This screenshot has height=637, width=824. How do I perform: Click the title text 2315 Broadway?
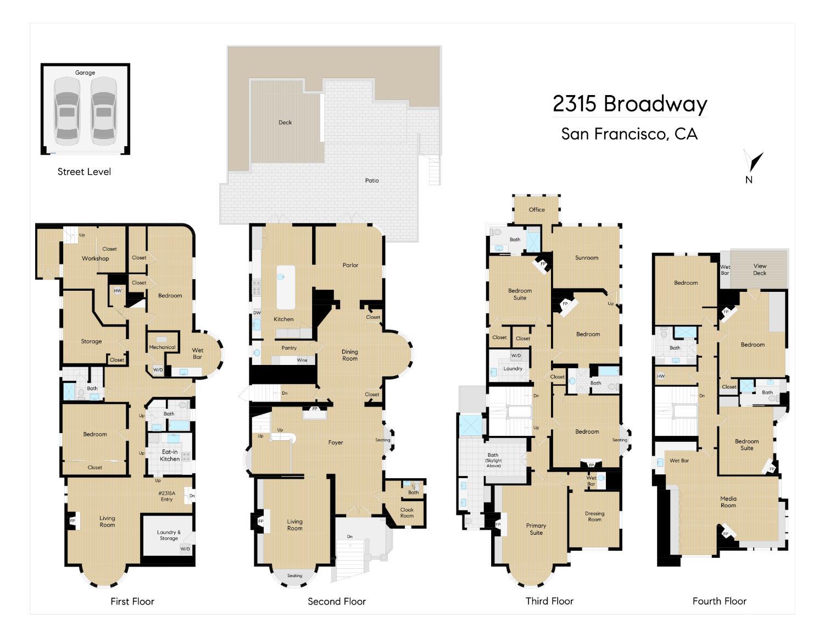click(630, 103)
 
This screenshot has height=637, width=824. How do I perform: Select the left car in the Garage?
click(67, 111)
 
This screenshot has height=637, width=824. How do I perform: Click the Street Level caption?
click(84, 171)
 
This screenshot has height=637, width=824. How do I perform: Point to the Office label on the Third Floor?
click(537, 209)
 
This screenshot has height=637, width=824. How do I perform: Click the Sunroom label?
click(587, 258)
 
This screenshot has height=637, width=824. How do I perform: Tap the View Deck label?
click(760, 269)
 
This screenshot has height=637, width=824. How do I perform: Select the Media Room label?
click(728, 502)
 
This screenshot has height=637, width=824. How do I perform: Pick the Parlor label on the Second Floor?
click(350, 265)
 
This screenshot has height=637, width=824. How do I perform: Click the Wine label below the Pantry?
click(302, 360)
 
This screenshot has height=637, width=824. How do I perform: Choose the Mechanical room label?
click(162, 347)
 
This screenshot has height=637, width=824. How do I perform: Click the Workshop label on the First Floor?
click(95, 258)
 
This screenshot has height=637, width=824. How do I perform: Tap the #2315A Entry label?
click(166, 496)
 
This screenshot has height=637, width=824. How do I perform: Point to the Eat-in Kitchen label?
click(170, 455)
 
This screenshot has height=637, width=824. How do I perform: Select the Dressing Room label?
click(594, 516)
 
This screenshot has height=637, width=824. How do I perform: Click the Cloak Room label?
click(407, 513)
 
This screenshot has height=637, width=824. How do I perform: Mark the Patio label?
click(371, 181)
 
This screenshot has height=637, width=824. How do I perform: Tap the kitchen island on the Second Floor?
click(286, 287)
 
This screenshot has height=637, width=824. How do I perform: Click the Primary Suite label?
click(536, 529)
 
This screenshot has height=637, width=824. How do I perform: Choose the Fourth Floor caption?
click(719, 601)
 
